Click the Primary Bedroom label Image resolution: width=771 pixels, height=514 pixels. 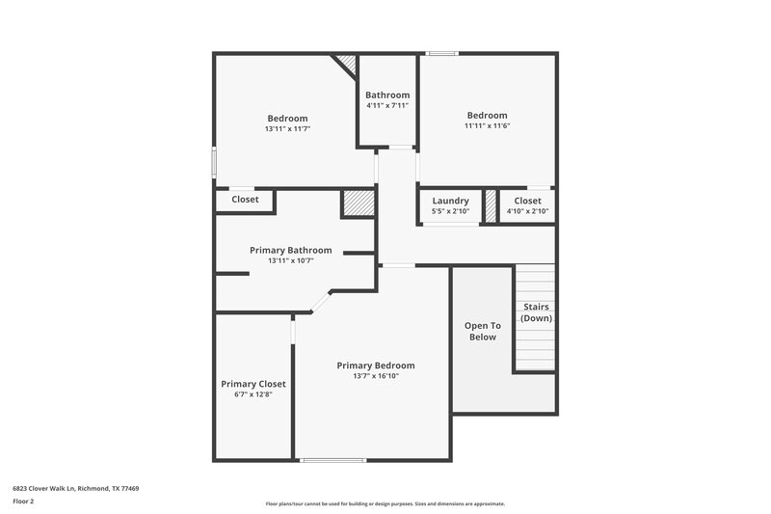click(375, 365)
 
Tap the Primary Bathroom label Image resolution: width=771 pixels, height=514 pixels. click(290, 250)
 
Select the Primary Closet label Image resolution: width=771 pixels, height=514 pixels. click(253, 384)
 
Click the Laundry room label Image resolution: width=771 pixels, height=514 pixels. click(450, 201)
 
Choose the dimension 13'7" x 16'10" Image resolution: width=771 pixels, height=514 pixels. click(375, 376)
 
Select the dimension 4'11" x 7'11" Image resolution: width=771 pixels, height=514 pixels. click(386, 105)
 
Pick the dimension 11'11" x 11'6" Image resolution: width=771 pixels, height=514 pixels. click(486, 125)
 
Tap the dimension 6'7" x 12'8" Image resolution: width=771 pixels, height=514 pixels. click(253, 394)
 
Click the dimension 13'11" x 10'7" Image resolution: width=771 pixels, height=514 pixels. click(290, 260)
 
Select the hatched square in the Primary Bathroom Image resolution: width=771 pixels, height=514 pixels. click(358, 204)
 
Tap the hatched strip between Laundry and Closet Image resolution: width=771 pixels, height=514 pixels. click(490, 206)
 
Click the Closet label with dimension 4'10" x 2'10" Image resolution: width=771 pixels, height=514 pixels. click(527, 201)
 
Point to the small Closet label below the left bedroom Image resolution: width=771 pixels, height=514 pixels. click(245, 200)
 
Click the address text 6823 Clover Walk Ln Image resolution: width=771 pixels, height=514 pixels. click(75, 489)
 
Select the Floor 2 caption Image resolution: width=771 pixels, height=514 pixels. click(23, 501)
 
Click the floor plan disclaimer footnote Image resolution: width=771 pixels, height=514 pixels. click(385, 503)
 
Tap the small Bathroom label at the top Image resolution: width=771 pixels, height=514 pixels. click(386, 95)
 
